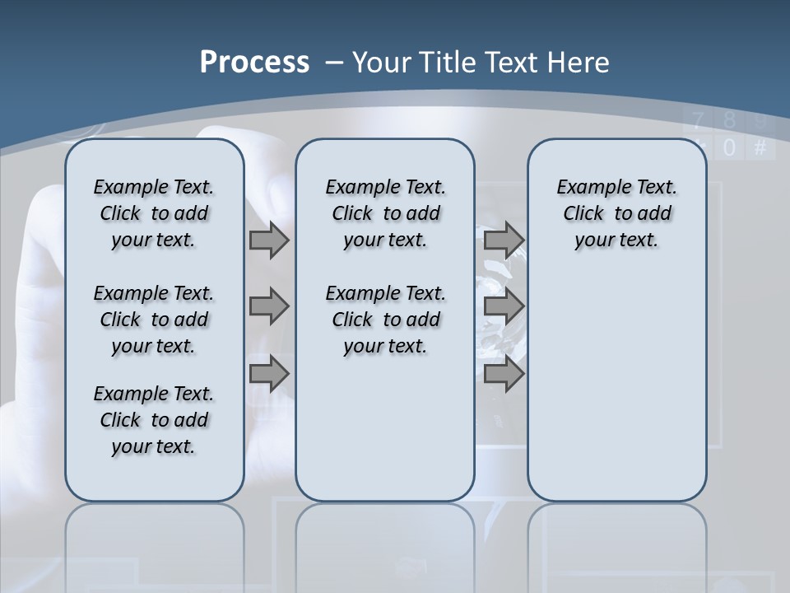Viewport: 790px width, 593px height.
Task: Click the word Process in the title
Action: pyautogui.click(x=254, y=63)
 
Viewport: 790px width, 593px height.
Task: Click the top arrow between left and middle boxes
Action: pyautogui.click(x=269, y=240)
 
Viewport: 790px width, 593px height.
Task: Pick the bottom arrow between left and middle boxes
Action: pyautogui.click(x=269, y=374)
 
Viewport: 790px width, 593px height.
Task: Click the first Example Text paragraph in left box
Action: pyautogui.click(x=154, y=213)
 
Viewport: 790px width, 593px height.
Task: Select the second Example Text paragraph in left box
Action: pyautogui.click(x=154, y=320)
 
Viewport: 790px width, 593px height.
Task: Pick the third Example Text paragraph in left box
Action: pyautogui.click(x=154, y=420)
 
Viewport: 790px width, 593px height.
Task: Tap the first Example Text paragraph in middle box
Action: pyautogui.click(x=385, y=213)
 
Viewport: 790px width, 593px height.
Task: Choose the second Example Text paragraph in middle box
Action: pyautogui.click(x=385, y=320)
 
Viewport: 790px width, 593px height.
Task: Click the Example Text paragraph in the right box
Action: pyautogui.click(x=616, y=213)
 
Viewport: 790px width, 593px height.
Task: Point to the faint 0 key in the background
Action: pyautogui.click(x=729, y=148)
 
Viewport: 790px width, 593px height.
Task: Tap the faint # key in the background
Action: pyautogui.click(x=760, y=148)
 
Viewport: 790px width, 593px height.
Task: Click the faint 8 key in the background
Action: pyautogui.click(x=729, y=121)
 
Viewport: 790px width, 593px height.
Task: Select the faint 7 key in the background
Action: pyautogui.click(x=699, y=121)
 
